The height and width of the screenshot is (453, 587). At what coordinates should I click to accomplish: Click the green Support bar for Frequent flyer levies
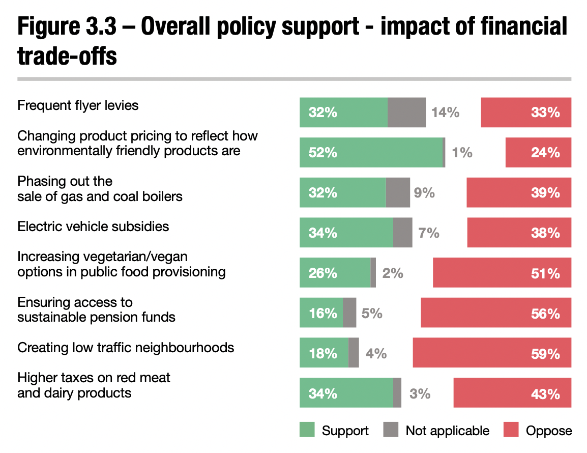pos(343,112)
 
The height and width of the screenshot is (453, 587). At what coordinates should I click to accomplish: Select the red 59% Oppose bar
pos(491,353)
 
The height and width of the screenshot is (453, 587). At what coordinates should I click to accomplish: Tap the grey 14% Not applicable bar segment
pos(406,112)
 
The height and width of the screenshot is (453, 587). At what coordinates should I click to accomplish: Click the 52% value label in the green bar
pos(322,153)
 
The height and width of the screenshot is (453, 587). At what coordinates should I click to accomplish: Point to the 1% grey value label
pos(462,153)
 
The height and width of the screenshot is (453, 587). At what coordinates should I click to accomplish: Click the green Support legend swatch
pos(307,430)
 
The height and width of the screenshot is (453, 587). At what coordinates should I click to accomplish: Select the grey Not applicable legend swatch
pos(391,430)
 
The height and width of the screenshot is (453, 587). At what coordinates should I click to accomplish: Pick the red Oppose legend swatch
pos(511,430)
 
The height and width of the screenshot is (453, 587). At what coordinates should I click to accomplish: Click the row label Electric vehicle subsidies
pos(93,226)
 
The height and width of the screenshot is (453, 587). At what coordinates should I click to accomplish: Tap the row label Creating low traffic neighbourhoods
pos(126,348)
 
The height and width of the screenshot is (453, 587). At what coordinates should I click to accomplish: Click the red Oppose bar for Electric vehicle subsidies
pos(519,233)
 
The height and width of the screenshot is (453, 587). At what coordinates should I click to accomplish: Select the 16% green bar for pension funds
pos(321,313)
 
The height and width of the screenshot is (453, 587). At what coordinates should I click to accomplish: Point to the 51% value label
pos(545,273)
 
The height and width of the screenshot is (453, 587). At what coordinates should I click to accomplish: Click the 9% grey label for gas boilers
pos(424,193)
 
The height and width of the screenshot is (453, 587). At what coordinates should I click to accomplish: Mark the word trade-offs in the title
pos(67,56)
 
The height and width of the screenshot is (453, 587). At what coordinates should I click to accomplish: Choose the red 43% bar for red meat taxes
pos(512,393)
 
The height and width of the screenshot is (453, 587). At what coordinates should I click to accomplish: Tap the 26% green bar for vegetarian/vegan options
pos(335,273)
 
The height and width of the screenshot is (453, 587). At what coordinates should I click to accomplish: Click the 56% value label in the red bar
pos(545,313)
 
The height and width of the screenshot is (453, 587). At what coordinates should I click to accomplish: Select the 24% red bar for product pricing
pos(538,153)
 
